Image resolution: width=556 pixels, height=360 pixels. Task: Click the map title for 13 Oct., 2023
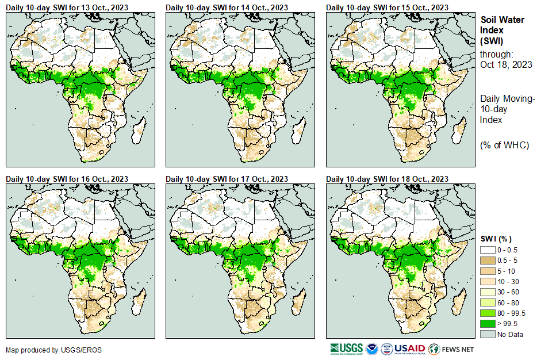pos(67,7)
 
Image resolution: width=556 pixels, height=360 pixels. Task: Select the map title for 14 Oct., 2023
pos(227,7)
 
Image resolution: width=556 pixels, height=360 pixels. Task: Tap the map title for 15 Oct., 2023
pos(387,7)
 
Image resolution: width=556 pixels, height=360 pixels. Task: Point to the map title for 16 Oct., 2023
pos(67,179)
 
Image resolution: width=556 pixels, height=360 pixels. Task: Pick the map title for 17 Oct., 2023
pos(227,179)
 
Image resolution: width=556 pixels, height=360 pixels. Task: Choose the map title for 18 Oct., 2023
pos(387,179)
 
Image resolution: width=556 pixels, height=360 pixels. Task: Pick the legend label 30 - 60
pos(508,292)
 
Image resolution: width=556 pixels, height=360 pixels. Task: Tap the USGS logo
pos(346,348)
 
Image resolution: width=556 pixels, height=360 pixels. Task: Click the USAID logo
pos(409,348)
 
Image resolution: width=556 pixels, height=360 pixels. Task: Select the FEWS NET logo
pos(451,348)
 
